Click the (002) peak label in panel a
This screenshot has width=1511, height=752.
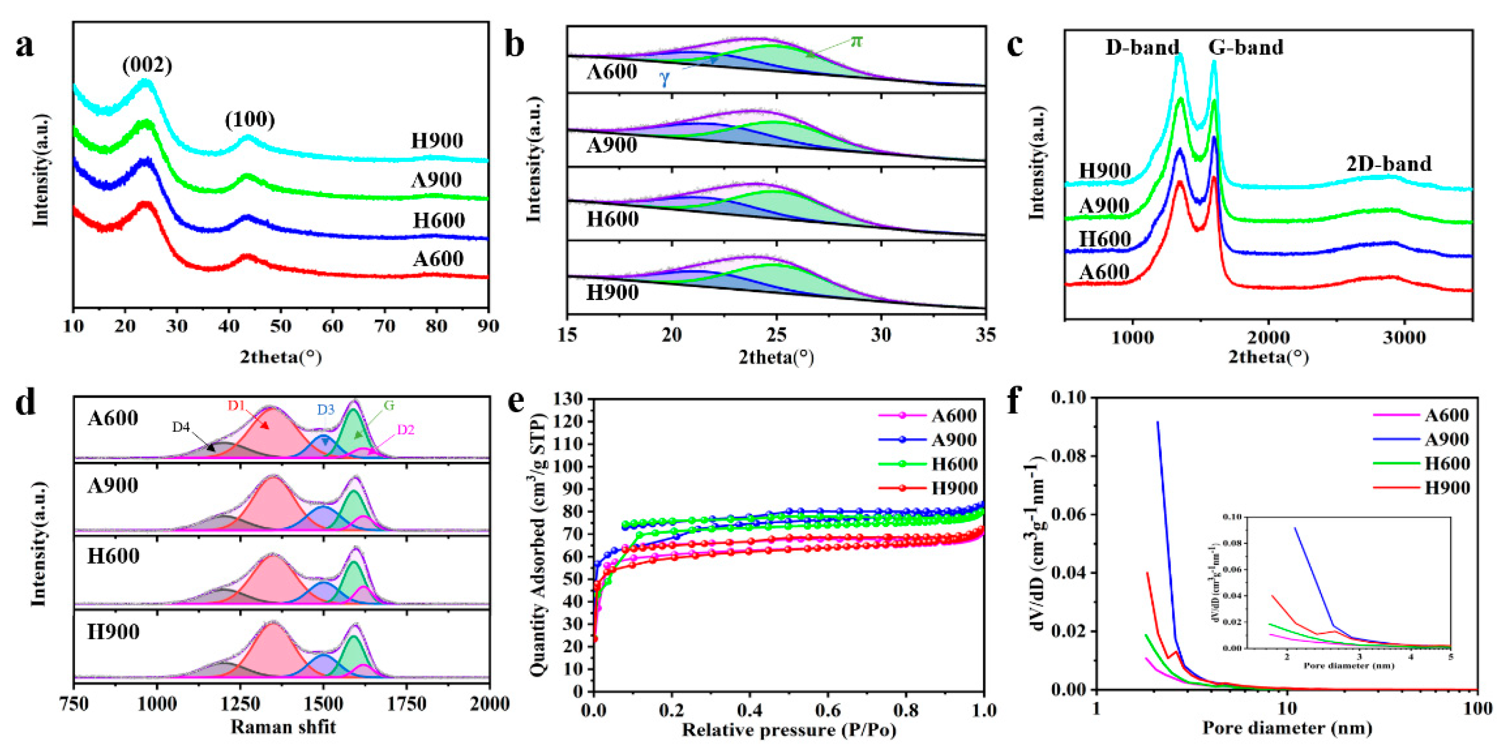tap(147, 65)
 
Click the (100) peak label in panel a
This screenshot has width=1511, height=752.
tap(250, 120)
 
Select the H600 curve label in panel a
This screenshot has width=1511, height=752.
tap(439, 221)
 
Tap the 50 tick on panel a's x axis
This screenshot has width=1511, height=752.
tap(281, 326)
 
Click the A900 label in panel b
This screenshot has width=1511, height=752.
tap(611, 145)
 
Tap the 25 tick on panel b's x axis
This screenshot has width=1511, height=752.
tap(776, 335)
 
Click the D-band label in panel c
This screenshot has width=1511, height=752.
tap(1142, 47)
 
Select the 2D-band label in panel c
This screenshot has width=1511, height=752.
tap(1389, 164)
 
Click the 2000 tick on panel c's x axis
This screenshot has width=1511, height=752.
tap(1268, 338)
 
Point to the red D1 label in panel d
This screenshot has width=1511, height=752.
tap(236, 405)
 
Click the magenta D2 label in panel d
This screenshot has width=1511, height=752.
tap(405, 430)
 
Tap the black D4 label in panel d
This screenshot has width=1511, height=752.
tap(181, 427)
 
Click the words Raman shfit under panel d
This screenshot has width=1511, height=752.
tap(283, 727)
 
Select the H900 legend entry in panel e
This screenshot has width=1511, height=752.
tap(954, 488)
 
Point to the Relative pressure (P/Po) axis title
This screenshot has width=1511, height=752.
tap(789, 730)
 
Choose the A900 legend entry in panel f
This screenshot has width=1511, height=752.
tap(1446, 440)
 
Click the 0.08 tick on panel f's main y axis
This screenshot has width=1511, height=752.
tap(1069, 456)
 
